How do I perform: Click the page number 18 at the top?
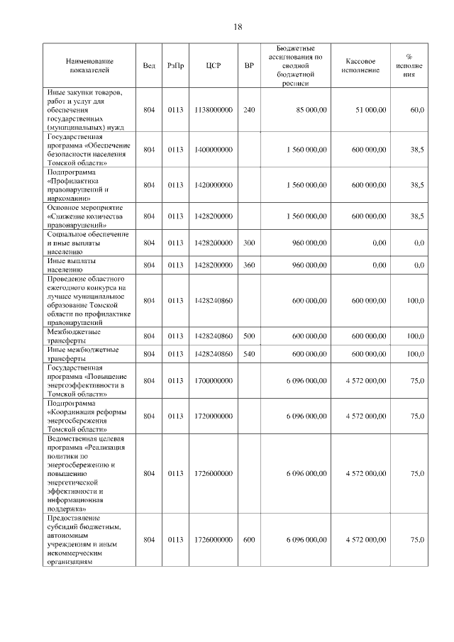point(238,27)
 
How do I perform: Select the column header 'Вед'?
point(149,66)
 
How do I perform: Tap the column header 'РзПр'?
point(176,66)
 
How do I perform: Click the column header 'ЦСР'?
point(214,66)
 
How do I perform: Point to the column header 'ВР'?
point(248,66)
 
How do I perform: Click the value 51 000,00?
point(371,110)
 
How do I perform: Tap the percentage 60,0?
point(417,110)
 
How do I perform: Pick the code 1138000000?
point(214,110)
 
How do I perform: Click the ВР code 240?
point(248,110)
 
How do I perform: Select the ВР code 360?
point(248,265)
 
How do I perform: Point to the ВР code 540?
point(248,354)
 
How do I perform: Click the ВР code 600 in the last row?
point(248,540)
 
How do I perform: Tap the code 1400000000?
point(214,150)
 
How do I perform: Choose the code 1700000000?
point(214,381)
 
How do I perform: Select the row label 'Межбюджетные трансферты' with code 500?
point(74,336)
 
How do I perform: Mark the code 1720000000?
point(214,416)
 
